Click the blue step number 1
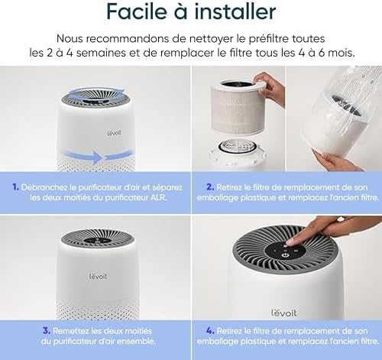click(x=15, y=185)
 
